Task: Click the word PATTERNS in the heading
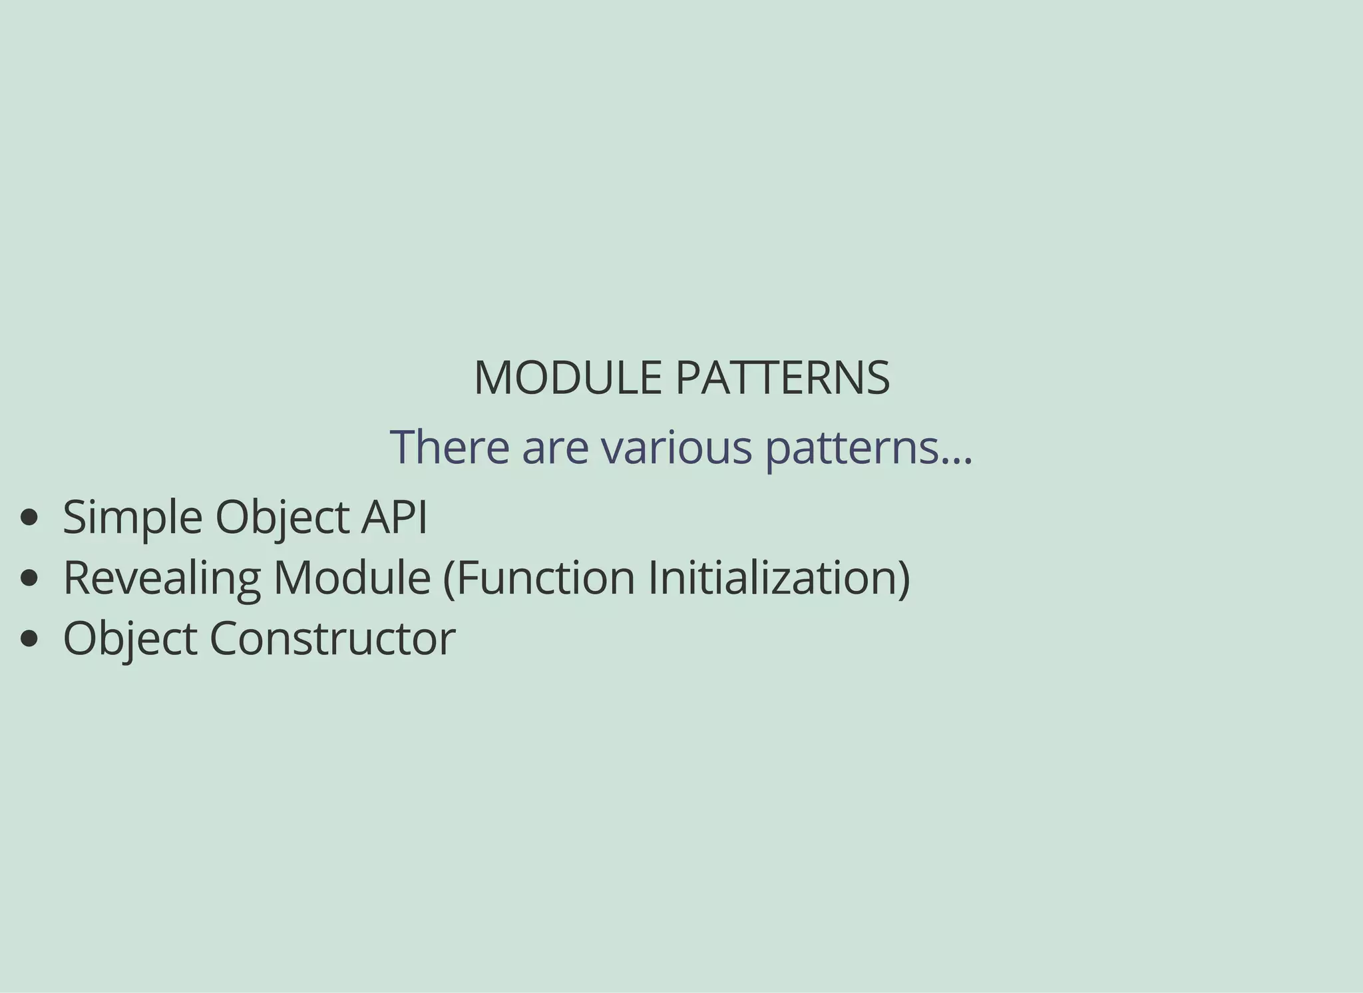tap(783, 378)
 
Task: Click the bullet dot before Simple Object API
tap(29, 518)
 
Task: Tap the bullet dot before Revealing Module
tap(29, 578)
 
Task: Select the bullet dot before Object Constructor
tap(29, 639)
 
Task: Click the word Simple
tap(132, 518)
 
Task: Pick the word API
tap(393, 517)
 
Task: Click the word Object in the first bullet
tap(282, 518)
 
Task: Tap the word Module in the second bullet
tap(352, 577)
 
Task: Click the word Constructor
tap(333, 638)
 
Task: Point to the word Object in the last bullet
tap(130, 639)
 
